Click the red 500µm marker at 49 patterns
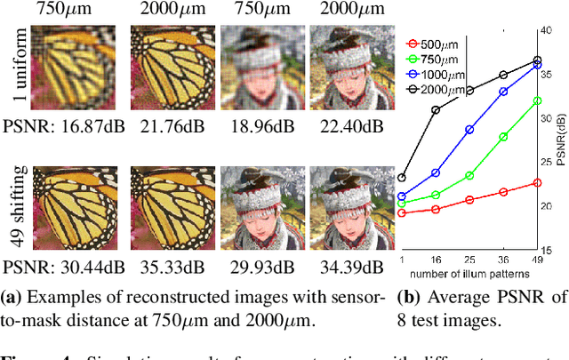536,182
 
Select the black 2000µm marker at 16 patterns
436,110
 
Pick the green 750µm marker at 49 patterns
536,100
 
